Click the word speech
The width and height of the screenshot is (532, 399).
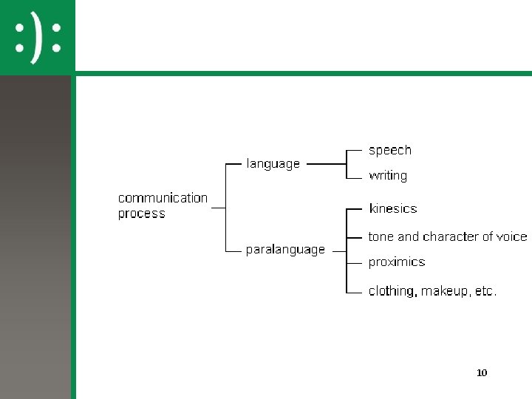(389, 150)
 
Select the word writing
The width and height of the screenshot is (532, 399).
(388, 176)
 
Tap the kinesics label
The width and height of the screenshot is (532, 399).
(392, 208)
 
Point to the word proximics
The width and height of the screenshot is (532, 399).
(397, 262)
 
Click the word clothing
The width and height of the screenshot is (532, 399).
(392, 291)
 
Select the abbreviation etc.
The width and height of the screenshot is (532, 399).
(485, 291)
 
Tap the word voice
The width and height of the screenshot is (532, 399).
(512, 236)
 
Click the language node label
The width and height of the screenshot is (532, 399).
(273, 164)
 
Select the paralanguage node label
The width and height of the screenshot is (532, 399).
(285, 250)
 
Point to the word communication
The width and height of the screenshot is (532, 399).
(163, 198)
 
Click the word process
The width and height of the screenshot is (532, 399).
(141, 214)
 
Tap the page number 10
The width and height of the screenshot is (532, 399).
(482, 372)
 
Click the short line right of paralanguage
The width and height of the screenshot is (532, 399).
(338, 250)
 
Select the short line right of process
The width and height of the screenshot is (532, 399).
(218, 208)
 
